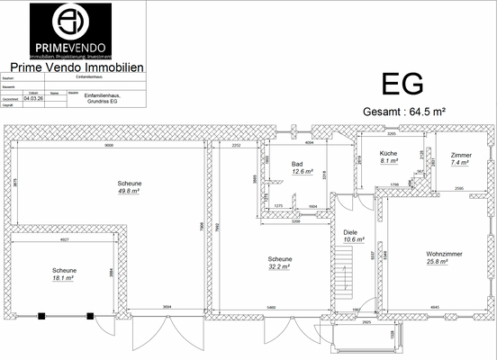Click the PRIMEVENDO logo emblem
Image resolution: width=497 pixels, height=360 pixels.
(x=71, y=20)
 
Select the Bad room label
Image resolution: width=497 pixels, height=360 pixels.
(x=296, y=164)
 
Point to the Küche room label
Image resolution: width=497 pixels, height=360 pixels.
(x=388, y=154)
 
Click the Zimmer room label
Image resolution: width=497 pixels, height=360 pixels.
(x=461, y=155)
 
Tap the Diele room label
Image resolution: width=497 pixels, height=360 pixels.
(x=350, y=231)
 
